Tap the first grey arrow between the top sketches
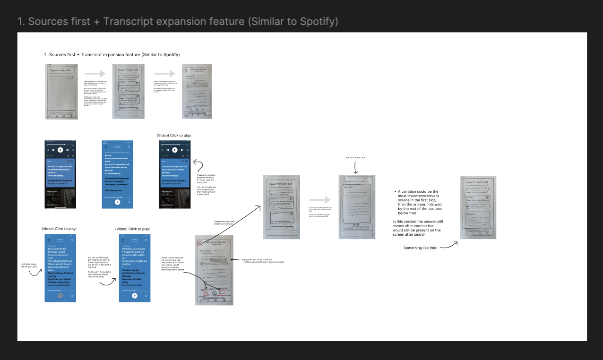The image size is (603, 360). coord(95,74)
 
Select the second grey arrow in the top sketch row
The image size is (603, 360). coord(164,74)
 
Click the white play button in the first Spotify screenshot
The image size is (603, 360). coord(60,149)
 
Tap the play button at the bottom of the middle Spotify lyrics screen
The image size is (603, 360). coord(118,202)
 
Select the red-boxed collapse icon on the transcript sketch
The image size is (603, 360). coord(200,244)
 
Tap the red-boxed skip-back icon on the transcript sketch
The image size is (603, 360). coord(207,293)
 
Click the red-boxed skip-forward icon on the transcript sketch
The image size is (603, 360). coord(222,293)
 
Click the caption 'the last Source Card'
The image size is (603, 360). coord(356,158)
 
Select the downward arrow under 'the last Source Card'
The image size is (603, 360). coord(356,168)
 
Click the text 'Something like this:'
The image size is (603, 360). coord(420,248)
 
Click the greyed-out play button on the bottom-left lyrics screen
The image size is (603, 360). coord(60,295)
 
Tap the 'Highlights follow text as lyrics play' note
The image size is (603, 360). coord(28,265)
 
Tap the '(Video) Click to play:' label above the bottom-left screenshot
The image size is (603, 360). coord(59,229)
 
